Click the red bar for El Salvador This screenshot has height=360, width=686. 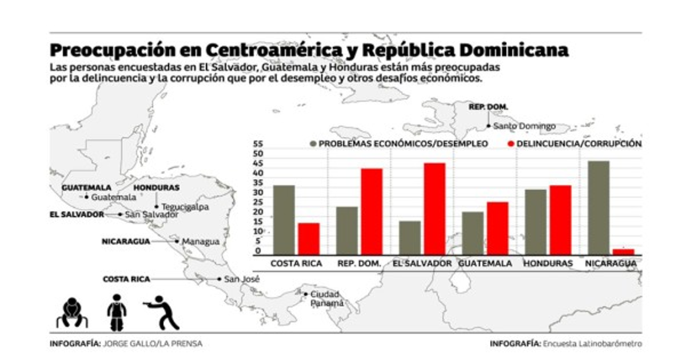[434, 209]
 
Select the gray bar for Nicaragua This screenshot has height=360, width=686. [599, 207]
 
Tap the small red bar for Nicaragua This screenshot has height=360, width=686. [623, 251]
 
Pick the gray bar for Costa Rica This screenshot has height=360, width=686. [284, 219]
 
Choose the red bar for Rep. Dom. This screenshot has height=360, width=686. [372, 211]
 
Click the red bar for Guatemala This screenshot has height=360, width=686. [497, 228]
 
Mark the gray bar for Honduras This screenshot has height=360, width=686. [536, 222]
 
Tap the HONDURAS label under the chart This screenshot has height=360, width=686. [547, 263]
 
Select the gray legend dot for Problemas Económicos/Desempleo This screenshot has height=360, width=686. [313, 144]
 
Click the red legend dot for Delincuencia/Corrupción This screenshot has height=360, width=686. [510, 144]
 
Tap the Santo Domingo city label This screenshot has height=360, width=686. [524, 126]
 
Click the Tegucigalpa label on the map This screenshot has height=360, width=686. [185, 207]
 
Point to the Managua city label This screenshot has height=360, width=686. [200, 242]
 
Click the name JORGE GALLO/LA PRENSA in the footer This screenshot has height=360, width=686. [153, 343]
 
